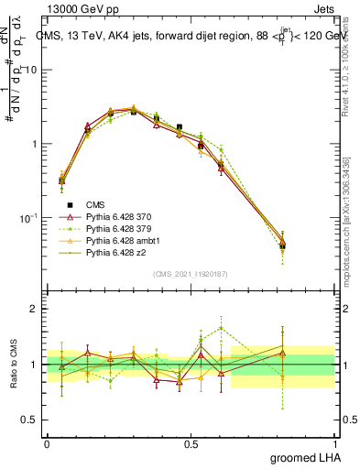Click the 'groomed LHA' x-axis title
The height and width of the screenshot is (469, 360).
pos(301,456)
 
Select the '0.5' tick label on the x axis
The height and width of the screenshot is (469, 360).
pos(191,442)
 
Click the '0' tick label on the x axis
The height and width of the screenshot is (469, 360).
pos(47,442)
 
